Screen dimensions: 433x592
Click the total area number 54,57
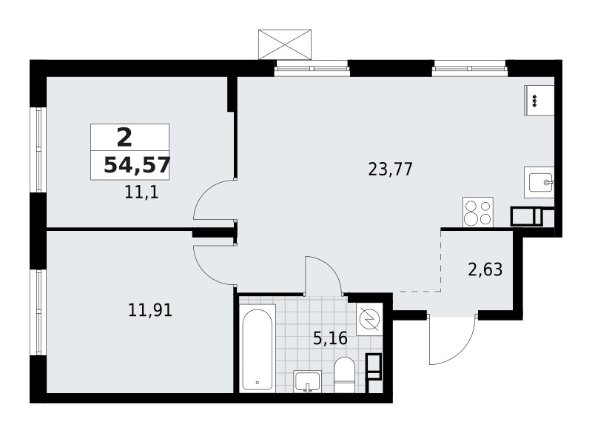(x=136, y=164)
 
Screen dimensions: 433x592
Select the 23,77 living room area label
(x=390, y=169)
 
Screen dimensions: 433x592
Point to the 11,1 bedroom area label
(x=143, y=195)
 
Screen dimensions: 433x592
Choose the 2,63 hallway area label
(x=485, y=269)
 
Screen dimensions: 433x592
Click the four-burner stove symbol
(x=478, y=212)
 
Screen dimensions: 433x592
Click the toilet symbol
(x=344, y=374)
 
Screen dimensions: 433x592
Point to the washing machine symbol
(x=368, y=320)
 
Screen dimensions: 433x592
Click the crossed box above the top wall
(x=285, y=44)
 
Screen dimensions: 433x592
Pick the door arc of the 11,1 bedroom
(x=214, y=200)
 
